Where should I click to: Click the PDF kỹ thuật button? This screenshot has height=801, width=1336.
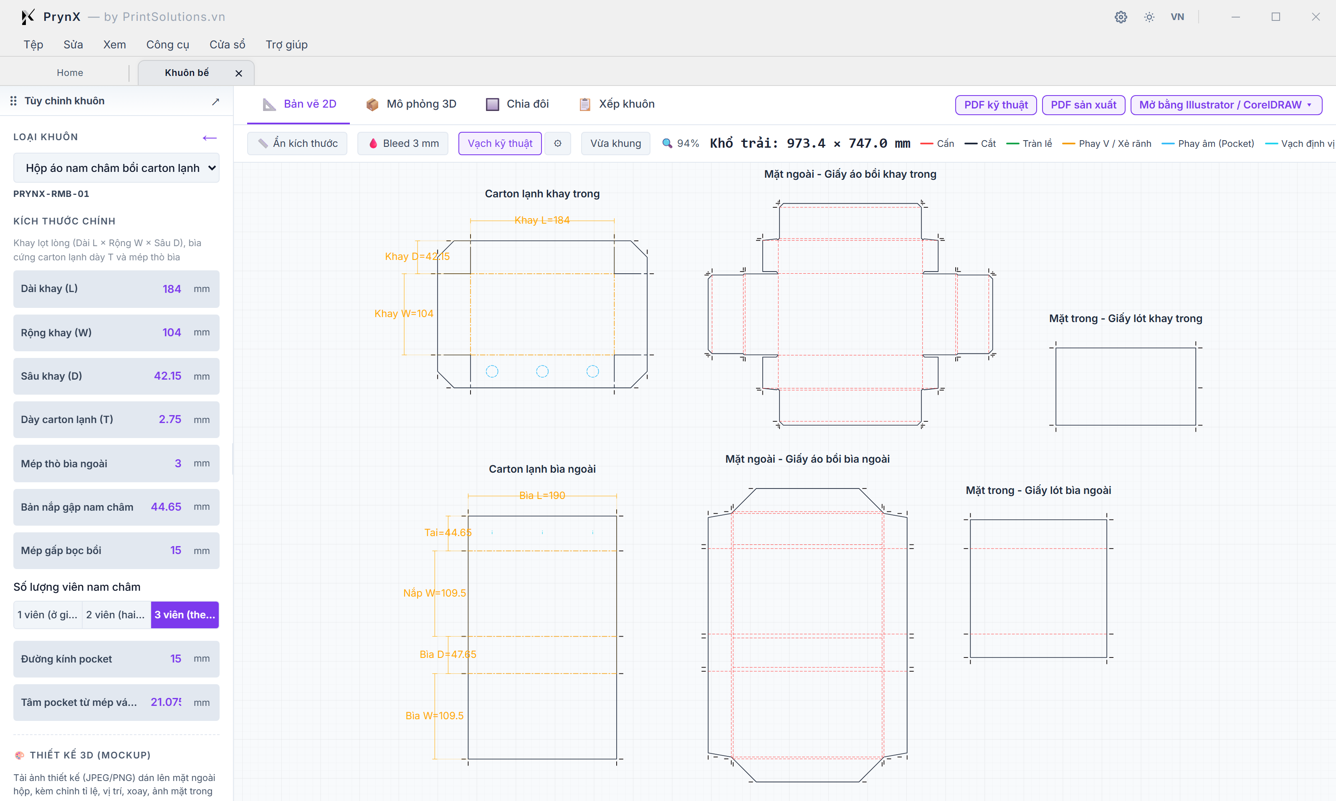point(996,105)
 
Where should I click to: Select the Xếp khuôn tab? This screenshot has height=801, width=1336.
point(617,104)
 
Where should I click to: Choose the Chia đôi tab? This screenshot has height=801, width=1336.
point(517,104)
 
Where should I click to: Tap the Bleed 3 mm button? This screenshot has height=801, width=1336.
point(403,143)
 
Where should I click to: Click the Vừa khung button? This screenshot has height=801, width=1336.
point(616,143)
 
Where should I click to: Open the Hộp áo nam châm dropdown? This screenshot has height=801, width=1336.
point(116,168)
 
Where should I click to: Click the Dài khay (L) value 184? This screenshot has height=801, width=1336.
point(172,289)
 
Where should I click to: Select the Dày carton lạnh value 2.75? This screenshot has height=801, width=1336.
point(170,419)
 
